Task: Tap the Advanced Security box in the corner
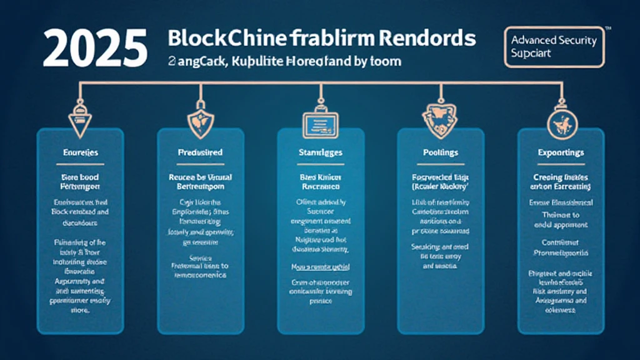554,47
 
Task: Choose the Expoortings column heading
561,152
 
